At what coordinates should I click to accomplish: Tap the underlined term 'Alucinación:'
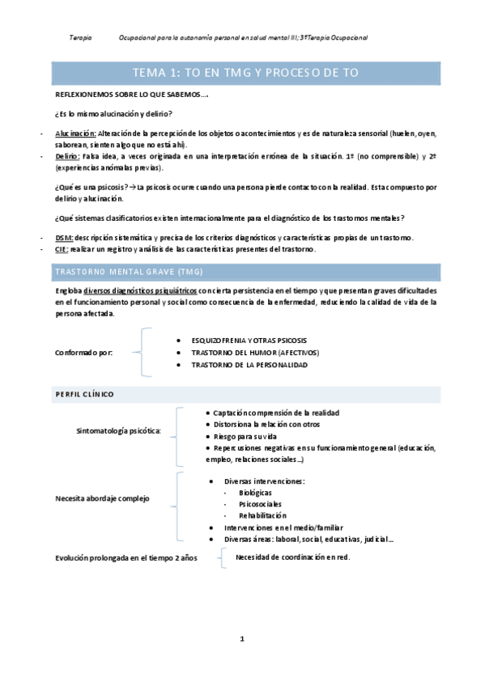[75, 132]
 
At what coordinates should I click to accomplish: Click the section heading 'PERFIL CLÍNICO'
[84, 393]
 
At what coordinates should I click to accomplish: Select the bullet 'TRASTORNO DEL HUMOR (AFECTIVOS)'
[255, 353]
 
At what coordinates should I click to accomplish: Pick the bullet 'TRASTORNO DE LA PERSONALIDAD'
[249, 365]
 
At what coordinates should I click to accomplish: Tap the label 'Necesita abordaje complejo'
[102, 498]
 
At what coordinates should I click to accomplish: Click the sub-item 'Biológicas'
[255, 492]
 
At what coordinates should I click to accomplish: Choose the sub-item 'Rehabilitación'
[262, 515]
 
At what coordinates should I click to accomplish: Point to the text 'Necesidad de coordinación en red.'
[292, 557]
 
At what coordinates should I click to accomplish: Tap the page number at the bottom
[242, 639]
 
